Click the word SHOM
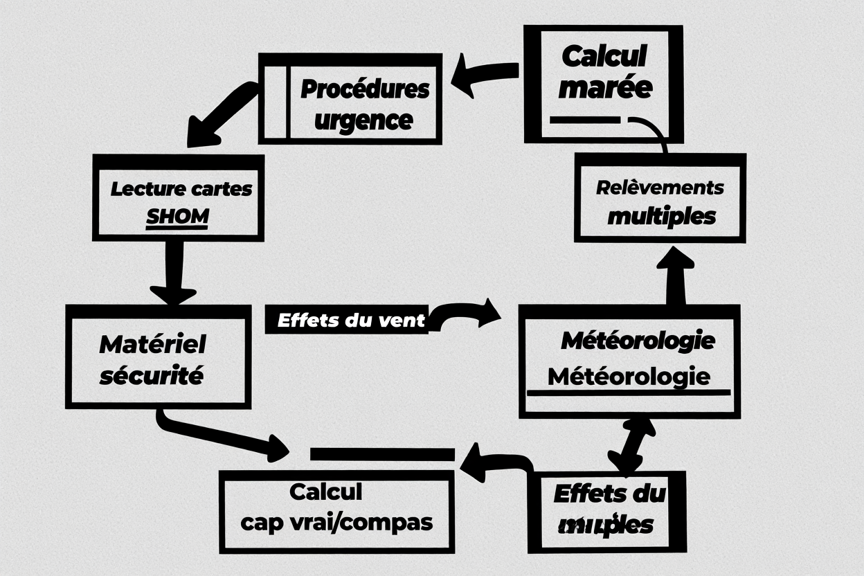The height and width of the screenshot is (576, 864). coord(177,217)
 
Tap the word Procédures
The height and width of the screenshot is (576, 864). coord(365,89)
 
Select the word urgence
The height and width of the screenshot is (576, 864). coord(363,120)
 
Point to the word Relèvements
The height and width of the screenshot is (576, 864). coord(660,188)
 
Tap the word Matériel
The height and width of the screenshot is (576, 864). coord(153,344)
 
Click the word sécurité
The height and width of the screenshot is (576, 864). coord(152,377)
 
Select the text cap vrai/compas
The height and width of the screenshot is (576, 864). coord(336,521)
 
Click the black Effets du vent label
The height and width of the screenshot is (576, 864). coord(345,321)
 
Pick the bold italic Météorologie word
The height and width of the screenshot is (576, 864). coord(637,341)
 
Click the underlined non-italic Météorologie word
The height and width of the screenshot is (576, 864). coord(629,377)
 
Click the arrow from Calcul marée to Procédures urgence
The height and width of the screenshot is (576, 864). coord(484,77)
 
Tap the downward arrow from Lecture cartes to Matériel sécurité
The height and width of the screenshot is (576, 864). coord(173,273)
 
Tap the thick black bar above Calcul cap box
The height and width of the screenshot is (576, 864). coord(381,454)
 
